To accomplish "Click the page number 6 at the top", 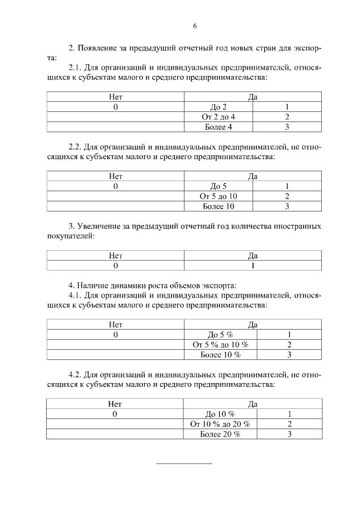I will (x=195, y=26).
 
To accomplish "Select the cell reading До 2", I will (x=218, y=107).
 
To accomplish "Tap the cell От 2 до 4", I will (x=218, y=117).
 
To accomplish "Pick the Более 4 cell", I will (x=218, y=127).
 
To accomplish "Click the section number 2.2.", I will (x=75, y=147).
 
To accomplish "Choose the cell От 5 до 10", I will (x=218, y=196).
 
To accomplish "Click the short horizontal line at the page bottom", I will (x=184, y=463).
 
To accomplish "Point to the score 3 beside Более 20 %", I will (x=289, y=434).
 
